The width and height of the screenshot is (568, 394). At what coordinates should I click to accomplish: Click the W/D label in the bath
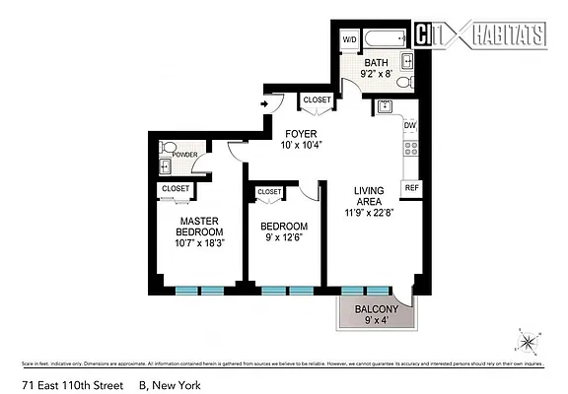(349, 39)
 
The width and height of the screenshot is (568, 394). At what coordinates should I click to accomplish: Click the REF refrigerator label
(412, 187)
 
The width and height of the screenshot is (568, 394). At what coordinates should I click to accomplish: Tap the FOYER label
(300, 134)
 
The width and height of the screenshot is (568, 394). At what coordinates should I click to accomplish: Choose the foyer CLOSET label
(317, 99)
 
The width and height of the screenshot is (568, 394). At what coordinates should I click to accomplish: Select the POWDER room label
(185, 155)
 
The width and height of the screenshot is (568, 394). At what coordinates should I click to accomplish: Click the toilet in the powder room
(168, 151)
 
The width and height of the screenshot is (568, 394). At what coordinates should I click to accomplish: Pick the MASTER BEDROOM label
(198, 226)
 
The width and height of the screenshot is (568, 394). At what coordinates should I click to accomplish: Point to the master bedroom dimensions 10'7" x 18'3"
(198, 243)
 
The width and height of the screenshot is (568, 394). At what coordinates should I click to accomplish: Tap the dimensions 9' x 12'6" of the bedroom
(284, 237)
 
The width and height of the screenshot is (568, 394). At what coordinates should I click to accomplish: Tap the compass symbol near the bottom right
(530, 343)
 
